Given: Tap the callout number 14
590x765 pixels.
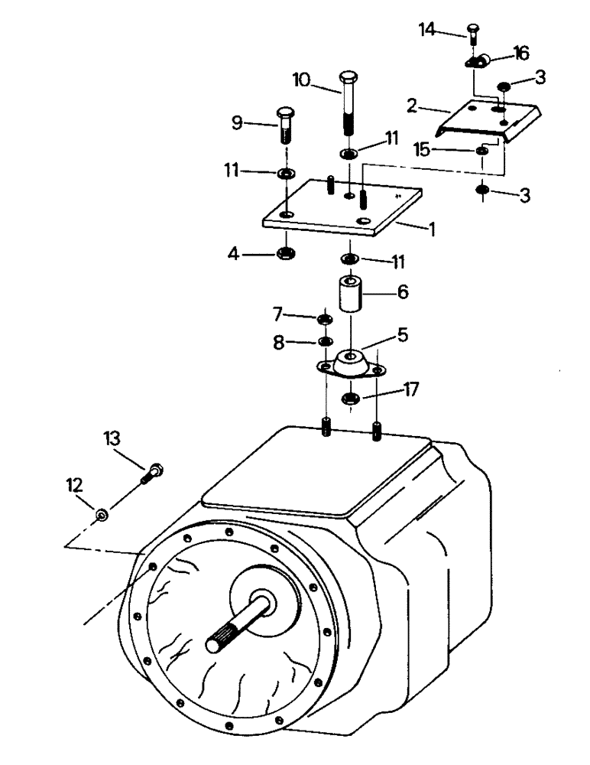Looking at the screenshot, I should (x=428, y=30).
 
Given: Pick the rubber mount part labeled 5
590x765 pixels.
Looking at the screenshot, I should (x=352, y=363).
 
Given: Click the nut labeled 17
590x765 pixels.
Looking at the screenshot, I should (x=351, y=397).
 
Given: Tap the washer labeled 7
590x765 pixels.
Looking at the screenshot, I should (x=324, y=317).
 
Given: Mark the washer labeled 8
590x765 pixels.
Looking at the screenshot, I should (x=324, y=340).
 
